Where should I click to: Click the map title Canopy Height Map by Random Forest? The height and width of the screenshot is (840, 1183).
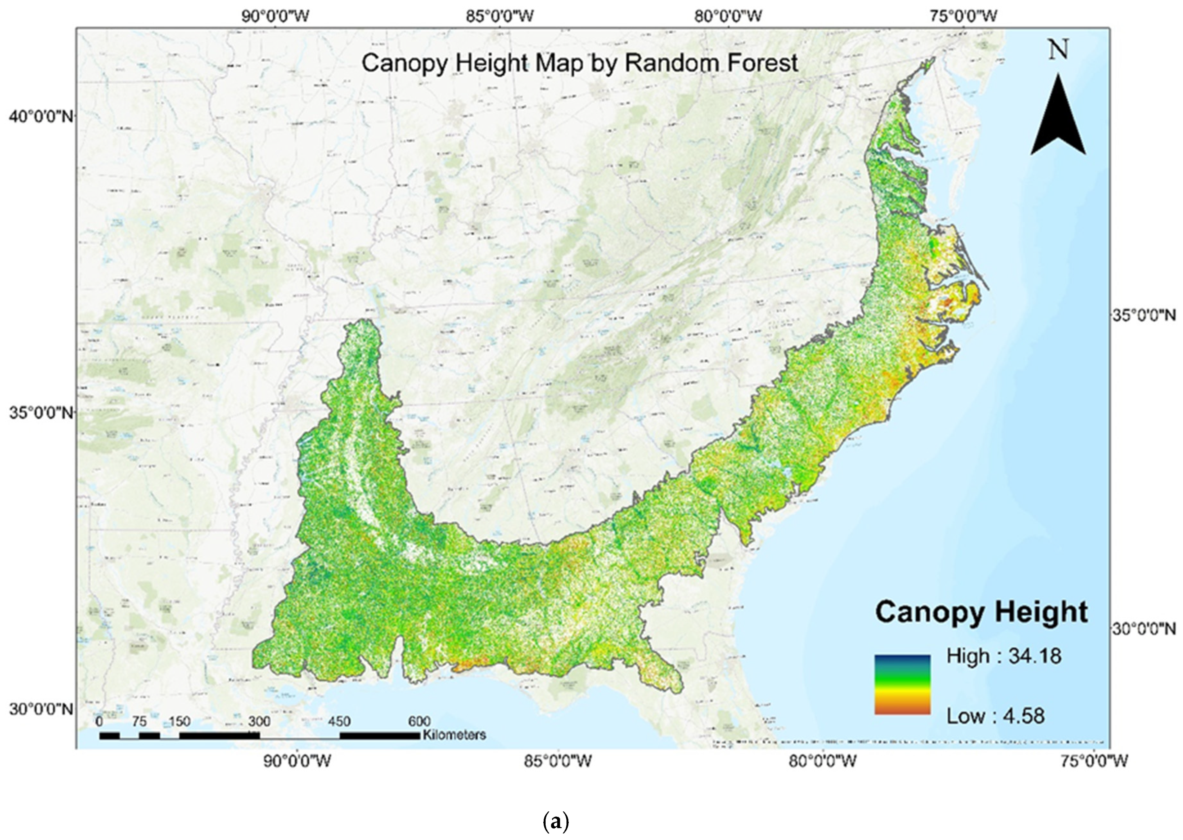point(579,64)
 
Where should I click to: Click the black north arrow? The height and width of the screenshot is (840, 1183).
point(1058,119)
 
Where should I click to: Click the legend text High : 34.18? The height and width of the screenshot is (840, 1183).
point(1004,656)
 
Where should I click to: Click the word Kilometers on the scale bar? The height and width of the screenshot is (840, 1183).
point(454,735)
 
